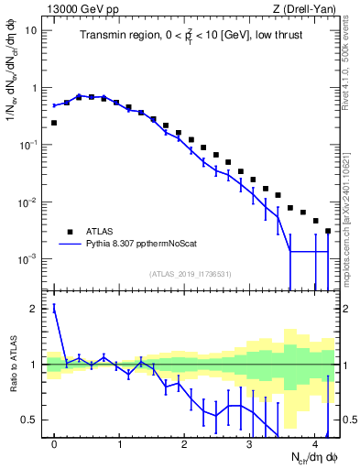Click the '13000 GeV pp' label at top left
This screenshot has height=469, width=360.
point(81,9)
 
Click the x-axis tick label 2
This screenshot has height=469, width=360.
point(184,439)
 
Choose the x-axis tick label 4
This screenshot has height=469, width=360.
point(314,439)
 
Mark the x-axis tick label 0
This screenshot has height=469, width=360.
point(54,439)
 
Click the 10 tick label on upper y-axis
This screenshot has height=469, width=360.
point(31,30)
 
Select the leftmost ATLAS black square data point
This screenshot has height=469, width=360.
point(54,122)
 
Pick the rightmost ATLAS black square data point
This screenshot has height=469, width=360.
point(328,231)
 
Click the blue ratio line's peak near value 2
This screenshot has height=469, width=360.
point(54,309)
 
